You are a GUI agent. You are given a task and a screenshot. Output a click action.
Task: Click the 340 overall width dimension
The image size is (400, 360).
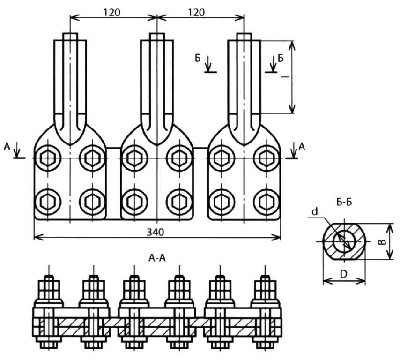coord(156,232)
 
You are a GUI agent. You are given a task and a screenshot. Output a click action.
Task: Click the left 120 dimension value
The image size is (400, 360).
coord(112,12)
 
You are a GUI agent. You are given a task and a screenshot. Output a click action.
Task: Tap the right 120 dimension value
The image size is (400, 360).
coord(196,12)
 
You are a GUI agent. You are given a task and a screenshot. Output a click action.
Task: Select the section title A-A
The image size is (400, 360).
coord(157,258)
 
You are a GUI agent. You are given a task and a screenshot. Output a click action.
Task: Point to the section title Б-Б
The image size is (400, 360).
coord(344,202)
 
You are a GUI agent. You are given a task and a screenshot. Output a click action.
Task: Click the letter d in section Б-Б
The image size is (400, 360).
coord(315,212)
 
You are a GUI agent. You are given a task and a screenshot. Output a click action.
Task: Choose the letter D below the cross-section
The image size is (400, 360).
coord(344,274)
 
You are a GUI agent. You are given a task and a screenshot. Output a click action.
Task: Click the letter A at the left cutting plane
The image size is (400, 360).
coord(7,146)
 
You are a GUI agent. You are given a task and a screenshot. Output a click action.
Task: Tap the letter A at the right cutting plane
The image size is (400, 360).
coord(302,147)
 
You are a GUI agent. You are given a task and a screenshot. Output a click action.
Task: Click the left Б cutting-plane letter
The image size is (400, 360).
coord(198,59)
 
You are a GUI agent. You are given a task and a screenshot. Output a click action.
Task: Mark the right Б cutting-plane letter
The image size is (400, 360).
coord(281,59)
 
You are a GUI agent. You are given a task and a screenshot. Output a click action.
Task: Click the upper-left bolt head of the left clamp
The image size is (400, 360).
coord(48,158)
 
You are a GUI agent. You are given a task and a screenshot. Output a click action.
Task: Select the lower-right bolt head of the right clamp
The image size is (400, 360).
coord(267,202)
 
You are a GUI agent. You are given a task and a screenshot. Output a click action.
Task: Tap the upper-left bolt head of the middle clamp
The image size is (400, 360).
coord(135,158)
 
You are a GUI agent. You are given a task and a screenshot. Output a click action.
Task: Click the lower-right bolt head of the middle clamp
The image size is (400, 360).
coord(179,202)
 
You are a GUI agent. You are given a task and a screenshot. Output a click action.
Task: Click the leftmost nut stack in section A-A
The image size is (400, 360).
coord(49,290)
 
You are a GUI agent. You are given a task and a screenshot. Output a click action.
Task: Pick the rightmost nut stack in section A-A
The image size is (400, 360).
coord(265,290)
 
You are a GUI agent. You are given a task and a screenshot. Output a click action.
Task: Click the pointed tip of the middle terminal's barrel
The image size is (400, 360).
coord(157,145)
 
